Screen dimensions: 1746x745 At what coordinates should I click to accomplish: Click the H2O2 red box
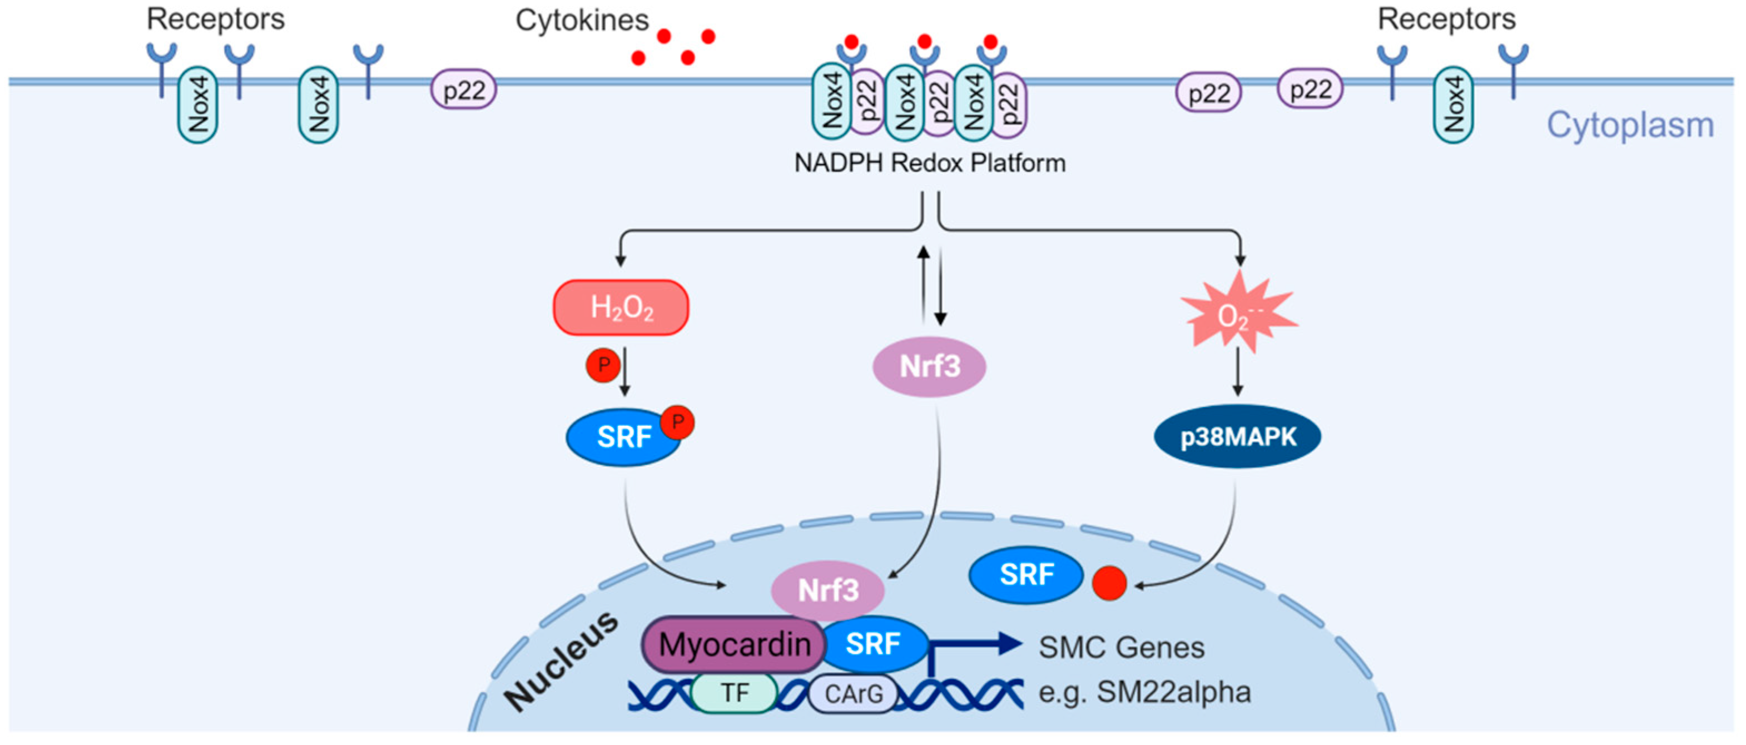[x=621, y=308]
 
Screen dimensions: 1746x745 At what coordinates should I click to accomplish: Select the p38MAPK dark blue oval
[x=1238, y=436]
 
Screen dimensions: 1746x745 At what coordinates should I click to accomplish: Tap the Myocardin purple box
[x=734, y=644]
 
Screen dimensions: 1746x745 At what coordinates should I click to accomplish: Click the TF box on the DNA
[x=734, y=693]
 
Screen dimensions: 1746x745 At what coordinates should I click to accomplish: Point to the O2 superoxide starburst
[x=1239, y=312]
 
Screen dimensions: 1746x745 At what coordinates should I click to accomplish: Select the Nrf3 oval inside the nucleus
[x=827, y=590]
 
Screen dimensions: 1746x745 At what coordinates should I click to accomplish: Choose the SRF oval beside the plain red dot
[x=1026, y=575]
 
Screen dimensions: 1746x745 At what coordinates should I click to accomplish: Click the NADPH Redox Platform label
[x=930, y=163]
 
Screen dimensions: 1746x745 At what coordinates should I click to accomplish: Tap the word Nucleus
[x=561, y=660]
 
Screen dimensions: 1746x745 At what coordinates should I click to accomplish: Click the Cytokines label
[x=582, y=21]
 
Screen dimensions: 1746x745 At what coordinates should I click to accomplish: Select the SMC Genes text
[x=1122, y=647]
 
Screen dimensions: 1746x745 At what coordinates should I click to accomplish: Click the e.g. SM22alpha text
[x=1145, y=693]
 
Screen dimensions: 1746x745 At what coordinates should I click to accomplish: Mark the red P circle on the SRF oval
[x=677, y=423]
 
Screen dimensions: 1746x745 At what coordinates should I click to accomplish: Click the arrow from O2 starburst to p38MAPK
[x=1238, y=371]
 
